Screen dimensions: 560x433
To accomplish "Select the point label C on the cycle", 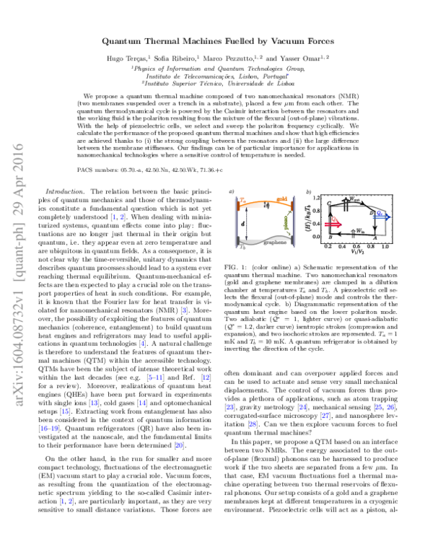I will click(x=328, y=205).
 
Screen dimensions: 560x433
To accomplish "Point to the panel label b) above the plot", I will click(x=309, y=192).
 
